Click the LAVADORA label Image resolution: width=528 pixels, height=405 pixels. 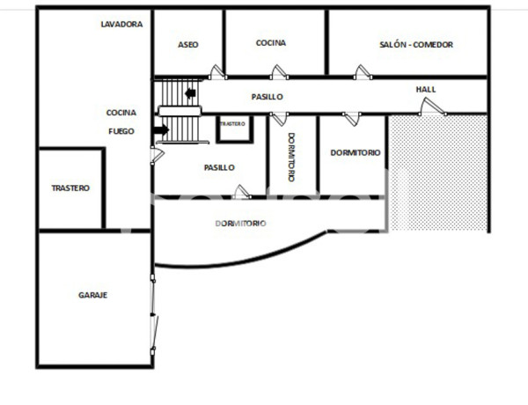point(121,25)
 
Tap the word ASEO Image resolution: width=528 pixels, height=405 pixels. point(188,44)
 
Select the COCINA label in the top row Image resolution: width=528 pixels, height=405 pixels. point(272,42)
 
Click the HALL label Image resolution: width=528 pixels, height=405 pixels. point(426,89)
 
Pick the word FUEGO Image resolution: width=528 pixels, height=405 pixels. point(121,131)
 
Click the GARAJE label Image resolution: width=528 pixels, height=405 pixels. point(92,295)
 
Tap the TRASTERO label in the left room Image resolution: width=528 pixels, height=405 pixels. point(70,188)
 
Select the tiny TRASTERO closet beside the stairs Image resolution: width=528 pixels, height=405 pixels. point(233,125)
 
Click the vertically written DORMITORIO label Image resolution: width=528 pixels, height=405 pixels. point(291,158)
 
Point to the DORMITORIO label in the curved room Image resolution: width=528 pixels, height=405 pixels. point(240,224)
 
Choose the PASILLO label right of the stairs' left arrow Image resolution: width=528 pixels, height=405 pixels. point(266,97)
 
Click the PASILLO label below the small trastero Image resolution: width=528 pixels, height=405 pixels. point(219,166)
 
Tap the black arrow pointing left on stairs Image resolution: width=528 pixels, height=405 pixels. point(192,92)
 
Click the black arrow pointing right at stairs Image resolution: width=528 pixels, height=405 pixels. point(160,130)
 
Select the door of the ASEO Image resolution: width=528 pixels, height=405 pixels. point(216,73)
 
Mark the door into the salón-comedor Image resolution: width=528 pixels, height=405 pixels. point(361,73)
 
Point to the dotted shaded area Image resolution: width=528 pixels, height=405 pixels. point(437,172)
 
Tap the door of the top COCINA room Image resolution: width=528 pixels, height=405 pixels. point(278,73)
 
